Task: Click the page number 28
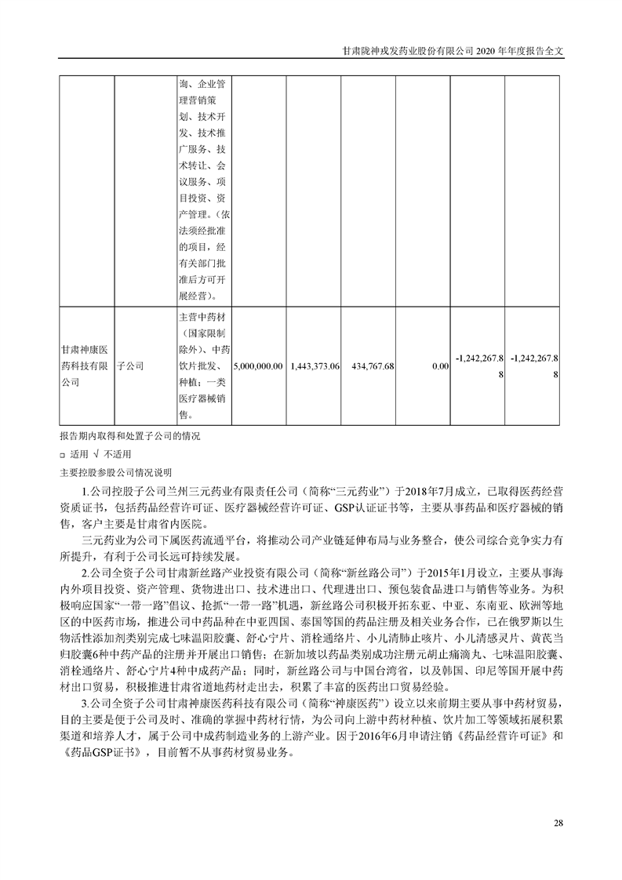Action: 558,823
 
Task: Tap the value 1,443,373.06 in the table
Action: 315,366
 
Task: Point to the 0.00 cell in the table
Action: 440,366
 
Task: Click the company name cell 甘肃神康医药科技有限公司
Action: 85,365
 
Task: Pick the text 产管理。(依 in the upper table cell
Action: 203,213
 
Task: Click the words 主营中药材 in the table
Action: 203,318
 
